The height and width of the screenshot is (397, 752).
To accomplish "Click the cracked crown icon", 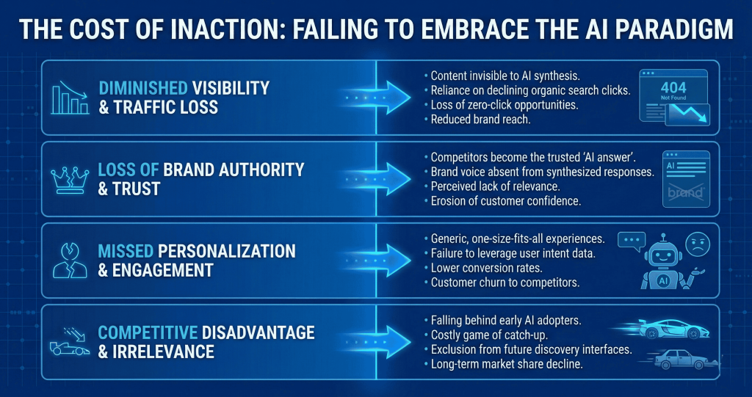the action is (70, 179).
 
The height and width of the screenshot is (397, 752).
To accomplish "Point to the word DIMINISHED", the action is (143, 88).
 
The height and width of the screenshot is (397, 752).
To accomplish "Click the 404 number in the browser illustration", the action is (673, 88).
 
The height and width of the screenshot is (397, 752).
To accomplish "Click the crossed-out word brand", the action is (686, 193).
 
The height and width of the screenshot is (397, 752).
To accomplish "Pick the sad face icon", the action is (698, 244).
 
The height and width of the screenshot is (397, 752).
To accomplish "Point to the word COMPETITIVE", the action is (148, 332).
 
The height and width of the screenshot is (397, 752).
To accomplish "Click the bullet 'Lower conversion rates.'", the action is (483, 268).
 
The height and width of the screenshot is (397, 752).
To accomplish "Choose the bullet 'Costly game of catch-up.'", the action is (489, 334).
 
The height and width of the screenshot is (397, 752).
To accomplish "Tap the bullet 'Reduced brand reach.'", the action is (477, 120).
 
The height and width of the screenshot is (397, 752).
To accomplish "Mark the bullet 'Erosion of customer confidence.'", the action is (503, 201).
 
